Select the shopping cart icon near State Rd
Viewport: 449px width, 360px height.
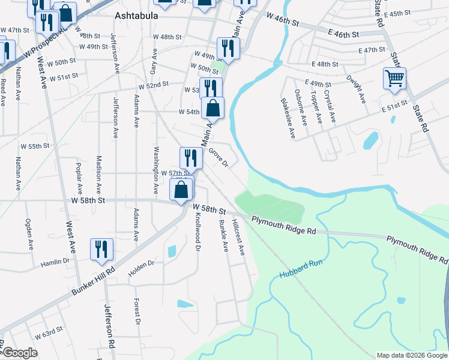coord(395,79)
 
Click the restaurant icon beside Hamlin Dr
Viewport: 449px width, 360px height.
coord(101,250)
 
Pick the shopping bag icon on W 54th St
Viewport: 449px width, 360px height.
coord(212,109)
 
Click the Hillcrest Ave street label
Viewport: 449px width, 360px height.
coord(238,239)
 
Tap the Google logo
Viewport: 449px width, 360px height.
coord(20,353)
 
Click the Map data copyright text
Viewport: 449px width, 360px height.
coord(412,355)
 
